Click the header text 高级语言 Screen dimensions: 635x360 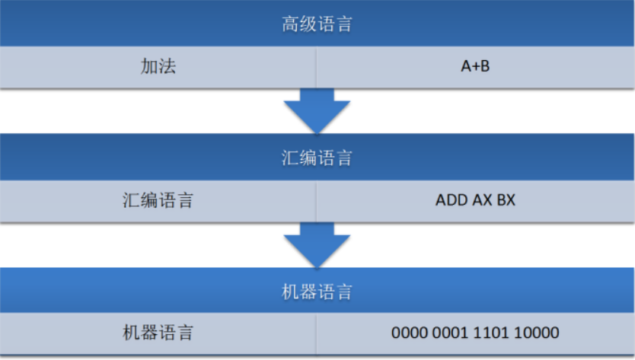(x=317, y=24)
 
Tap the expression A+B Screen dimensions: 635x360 (x=475, y=67)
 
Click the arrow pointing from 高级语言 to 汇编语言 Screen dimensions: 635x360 (x=317, y=111)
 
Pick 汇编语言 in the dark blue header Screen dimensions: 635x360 (x=317, y=158)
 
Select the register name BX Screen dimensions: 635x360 (x=505, y=201)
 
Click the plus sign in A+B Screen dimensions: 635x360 (x=475, y=67)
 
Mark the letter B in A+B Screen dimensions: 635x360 (x=485, y=67)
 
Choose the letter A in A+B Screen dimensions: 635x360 (x=465, y=67)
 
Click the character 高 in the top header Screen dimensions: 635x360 (x=290, y=24)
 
